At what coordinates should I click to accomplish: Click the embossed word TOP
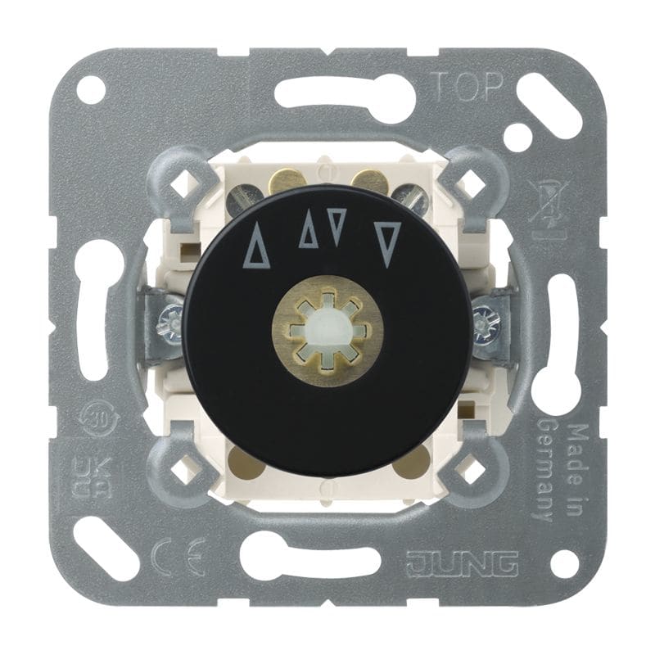[x=464, y=84]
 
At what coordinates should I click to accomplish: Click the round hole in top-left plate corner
[x=92, y=90]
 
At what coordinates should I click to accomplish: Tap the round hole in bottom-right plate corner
[x=562, y=562]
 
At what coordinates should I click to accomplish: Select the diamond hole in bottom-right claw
[x=473, y=469]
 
